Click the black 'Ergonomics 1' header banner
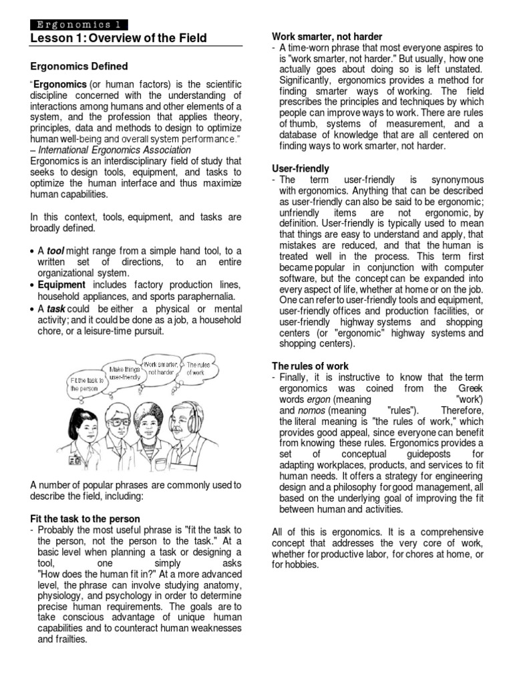coord(78,25)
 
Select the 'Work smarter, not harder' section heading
coord(327,36)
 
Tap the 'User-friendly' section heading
coord(300,169)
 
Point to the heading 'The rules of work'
coord(310,366)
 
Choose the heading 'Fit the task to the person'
coord(85,518)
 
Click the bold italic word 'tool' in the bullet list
coord(55,250)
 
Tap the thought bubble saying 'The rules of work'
coord(199,368)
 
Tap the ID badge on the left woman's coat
coord(76,460)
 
